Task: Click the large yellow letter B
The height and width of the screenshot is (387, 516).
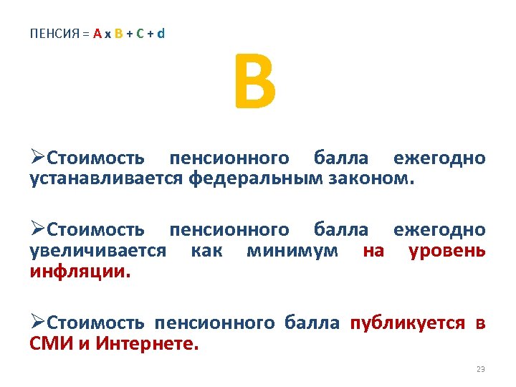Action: (x=254, y=85)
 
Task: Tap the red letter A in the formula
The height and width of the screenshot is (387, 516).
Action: (x=96, y=34)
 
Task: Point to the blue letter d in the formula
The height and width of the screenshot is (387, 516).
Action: (x=161, y=34)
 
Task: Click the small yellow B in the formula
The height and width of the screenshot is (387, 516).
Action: (x=118, y=34)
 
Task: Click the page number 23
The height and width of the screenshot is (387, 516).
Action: (x=480, y=369)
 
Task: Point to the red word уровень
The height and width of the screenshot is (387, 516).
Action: (x=447, y=251)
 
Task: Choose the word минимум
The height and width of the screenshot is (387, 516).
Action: (x=293, y=251)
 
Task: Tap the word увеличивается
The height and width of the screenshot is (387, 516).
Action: (x=98, y=251)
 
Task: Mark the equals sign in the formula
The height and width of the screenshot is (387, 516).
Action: (x=85, y=34)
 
